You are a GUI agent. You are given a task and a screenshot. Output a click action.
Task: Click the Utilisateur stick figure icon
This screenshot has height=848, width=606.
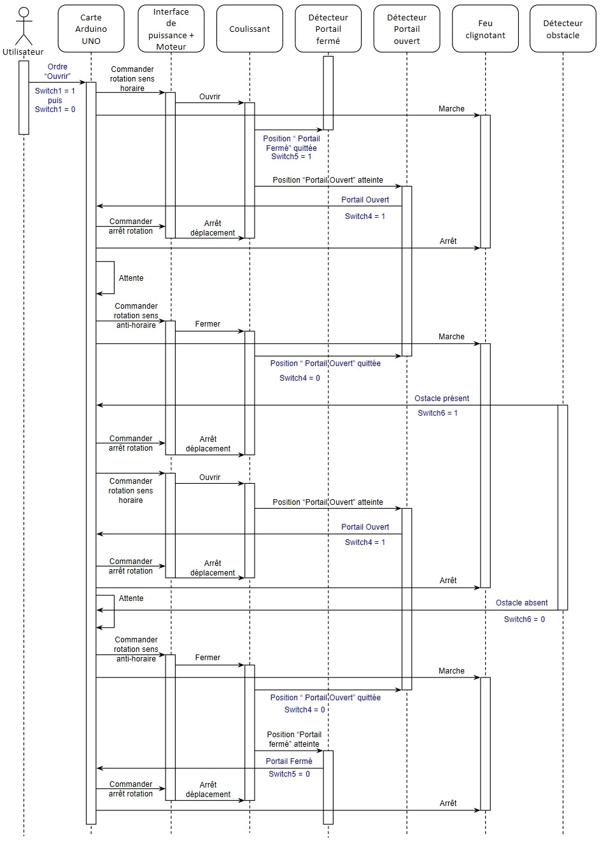coord(24,25)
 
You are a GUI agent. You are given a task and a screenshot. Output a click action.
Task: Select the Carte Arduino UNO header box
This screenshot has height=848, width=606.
coord(91,29)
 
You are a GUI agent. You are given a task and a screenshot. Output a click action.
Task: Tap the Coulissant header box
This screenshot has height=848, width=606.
coord(250,29)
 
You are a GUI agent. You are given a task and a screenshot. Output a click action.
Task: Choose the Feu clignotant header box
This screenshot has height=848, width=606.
coord(485,29)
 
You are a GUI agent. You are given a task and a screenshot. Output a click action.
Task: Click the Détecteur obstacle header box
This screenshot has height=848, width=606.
coord(563,29)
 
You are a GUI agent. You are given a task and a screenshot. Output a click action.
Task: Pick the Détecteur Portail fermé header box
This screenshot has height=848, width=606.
coord(328,29)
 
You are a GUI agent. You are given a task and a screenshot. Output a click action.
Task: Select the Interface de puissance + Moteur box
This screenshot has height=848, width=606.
coord(171,29)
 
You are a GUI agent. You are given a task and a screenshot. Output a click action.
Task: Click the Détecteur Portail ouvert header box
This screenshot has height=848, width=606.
coord(407,29)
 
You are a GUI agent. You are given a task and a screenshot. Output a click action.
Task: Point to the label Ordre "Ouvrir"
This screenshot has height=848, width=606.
coord(57,71)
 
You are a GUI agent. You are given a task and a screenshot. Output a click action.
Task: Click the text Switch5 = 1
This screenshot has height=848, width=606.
coord(291,157)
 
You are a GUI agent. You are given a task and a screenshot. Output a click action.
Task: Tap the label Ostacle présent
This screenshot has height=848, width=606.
coord(441,399)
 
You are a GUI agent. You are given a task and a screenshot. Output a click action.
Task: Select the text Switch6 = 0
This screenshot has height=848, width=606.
coord(524,619)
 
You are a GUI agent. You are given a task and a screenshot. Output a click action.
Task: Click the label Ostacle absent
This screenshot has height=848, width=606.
coord(521,603)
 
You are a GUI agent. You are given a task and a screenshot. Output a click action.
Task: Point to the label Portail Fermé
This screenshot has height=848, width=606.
coord(289,761)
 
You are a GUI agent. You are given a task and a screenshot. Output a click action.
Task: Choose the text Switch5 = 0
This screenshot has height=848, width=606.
coord(289,774)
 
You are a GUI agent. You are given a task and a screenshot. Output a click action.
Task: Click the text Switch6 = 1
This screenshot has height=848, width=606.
coord(437,413)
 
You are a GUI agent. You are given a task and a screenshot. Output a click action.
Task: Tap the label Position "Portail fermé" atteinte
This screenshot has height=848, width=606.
coord(293,739)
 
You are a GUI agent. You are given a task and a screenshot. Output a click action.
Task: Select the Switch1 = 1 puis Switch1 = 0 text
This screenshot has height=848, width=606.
coord(55,100)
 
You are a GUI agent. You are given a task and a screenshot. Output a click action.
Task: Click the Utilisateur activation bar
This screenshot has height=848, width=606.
coord(24,97)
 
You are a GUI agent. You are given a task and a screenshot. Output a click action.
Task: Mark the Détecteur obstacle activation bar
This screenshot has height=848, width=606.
coord(563,507)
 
